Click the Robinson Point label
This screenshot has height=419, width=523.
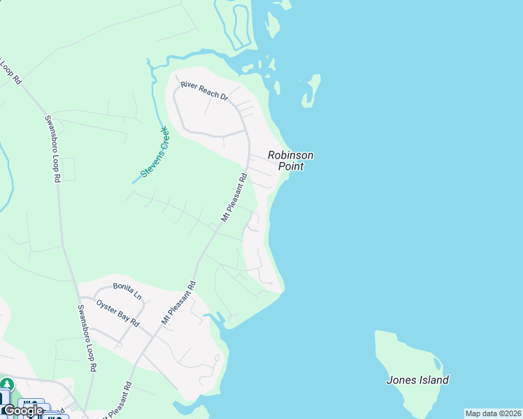tap(291, 161)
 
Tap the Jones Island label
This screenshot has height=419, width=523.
tap(417, 381)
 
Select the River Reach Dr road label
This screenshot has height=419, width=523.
tap(204, 90)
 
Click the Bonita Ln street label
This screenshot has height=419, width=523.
tap(128, 290)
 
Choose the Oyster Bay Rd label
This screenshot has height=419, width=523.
tap(117, 313)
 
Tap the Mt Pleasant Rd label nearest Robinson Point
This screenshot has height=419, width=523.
tap(235, 198)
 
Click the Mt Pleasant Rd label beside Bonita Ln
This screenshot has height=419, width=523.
tap(179, 302)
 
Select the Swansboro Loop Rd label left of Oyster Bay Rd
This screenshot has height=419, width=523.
tap(87, 338)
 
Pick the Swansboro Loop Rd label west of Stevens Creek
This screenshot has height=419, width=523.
tap(51, 149)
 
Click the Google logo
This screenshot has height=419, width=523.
tap(23, 411)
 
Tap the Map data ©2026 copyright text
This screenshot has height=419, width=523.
tap(493, 413)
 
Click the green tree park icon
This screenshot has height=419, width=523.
tap(6, 384)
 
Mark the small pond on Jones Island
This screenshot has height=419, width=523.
tap(437, 364)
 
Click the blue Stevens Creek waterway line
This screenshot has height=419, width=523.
tap(153, 91)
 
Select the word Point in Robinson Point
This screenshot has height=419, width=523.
tap(291, 166)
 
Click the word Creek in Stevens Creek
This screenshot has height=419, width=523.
tap(163, 138)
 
